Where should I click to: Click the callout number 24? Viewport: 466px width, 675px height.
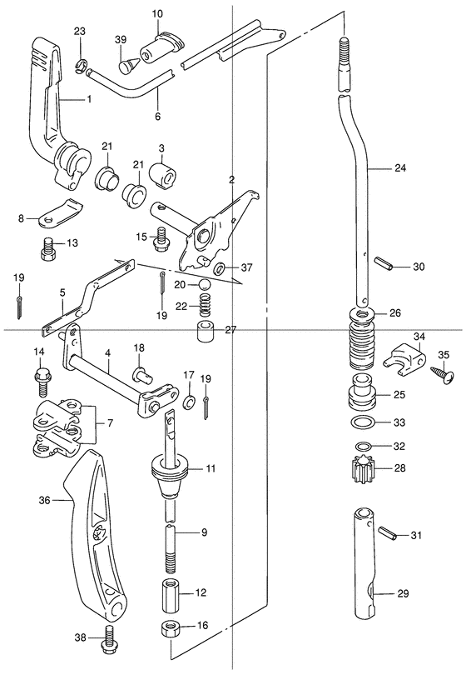point(399,167)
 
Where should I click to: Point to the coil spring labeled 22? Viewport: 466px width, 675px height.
point(206,306)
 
